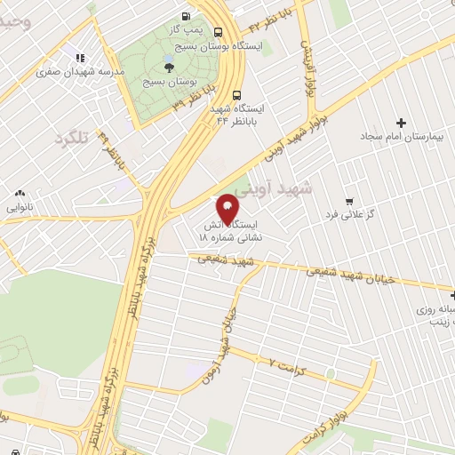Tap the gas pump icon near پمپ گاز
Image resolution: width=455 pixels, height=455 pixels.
click(186, 15)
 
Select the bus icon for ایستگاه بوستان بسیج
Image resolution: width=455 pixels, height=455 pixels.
click(219, 30)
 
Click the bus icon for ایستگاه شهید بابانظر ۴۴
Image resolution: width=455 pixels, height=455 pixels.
click(236, 95)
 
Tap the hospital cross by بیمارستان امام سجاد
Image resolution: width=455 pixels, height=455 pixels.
click(401, 123)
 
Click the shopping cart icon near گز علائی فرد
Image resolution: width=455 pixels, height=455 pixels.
click(349, 201)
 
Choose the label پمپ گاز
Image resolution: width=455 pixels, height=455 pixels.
click(188, 29)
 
